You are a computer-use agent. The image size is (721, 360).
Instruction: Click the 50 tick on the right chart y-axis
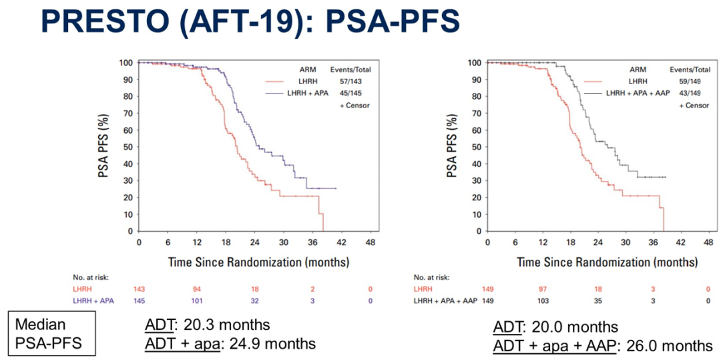click(475, 146)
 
